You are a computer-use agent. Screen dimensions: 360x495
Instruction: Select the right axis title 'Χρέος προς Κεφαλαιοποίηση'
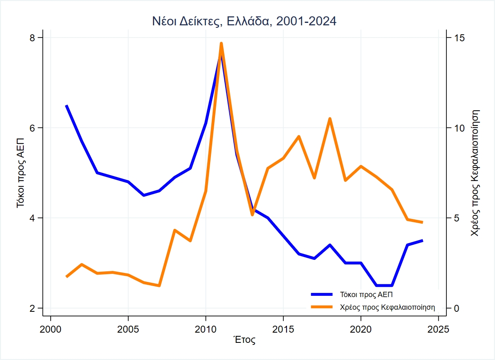(475, 172)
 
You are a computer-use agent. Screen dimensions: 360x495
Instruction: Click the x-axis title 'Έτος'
(244, 340)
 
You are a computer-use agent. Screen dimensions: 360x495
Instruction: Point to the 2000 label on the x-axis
(51, 329)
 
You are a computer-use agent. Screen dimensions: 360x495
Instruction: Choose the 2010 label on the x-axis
(206, 329)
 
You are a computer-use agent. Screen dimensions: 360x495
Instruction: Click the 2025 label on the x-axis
(438, 329)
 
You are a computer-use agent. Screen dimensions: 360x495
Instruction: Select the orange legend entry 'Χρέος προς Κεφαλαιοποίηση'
(387, 307)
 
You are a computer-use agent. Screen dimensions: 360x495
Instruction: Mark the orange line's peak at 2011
(221, 43)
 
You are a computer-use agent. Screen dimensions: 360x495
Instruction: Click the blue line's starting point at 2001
(66, 106)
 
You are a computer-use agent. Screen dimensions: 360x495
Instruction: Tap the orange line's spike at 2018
(329, 119)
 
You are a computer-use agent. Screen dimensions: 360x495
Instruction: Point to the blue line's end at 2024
(422, 241)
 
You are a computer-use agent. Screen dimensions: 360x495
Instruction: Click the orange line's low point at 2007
(159, 286)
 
